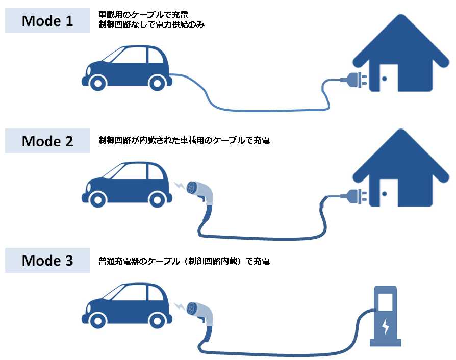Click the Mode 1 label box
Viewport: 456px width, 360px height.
[x=47, y=21]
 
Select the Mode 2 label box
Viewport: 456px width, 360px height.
[x=47, y=141]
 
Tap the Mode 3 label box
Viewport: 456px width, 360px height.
[x=47, y=261]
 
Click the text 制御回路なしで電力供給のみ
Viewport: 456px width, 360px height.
[x=151, y=24]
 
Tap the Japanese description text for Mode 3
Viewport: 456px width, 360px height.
[x=184, y=261]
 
